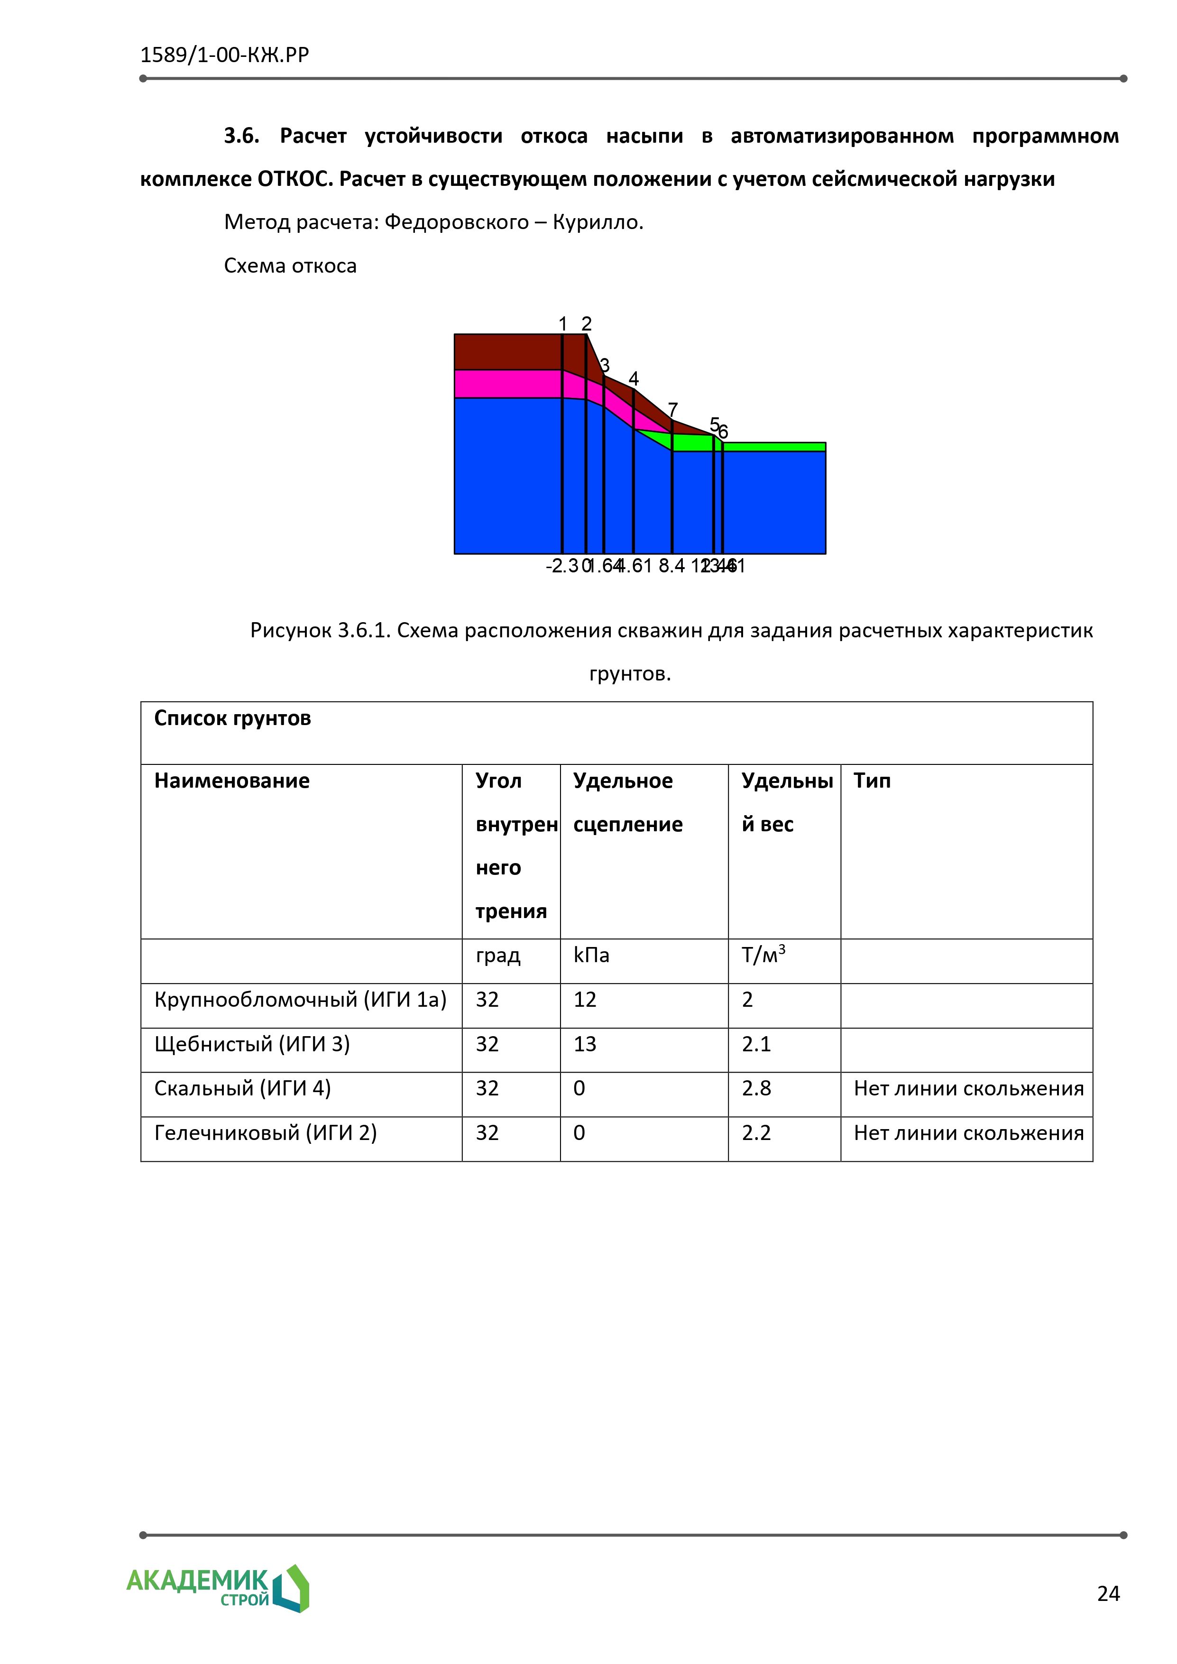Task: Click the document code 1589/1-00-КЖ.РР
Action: (x=225, y=55)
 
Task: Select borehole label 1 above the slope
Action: (x=562, y=323)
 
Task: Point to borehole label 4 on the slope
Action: (x=634, y=378)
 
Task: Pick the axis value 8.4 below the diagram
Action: (x=671, y=566)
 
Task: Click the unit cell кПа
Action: (x=591, y=955)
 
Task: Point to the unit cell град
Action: (x=498, y=955)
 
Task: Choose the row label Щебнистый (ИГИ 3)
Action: (x=252, y=1044)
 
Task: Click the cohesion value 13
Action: (x=585, y=1044)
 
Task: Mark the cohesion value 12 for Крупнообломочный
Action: (x=585, y=1000)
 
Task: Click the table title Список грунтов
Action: (x=233, y=718)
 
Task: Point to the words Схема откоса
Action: (x=290, y=266)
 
